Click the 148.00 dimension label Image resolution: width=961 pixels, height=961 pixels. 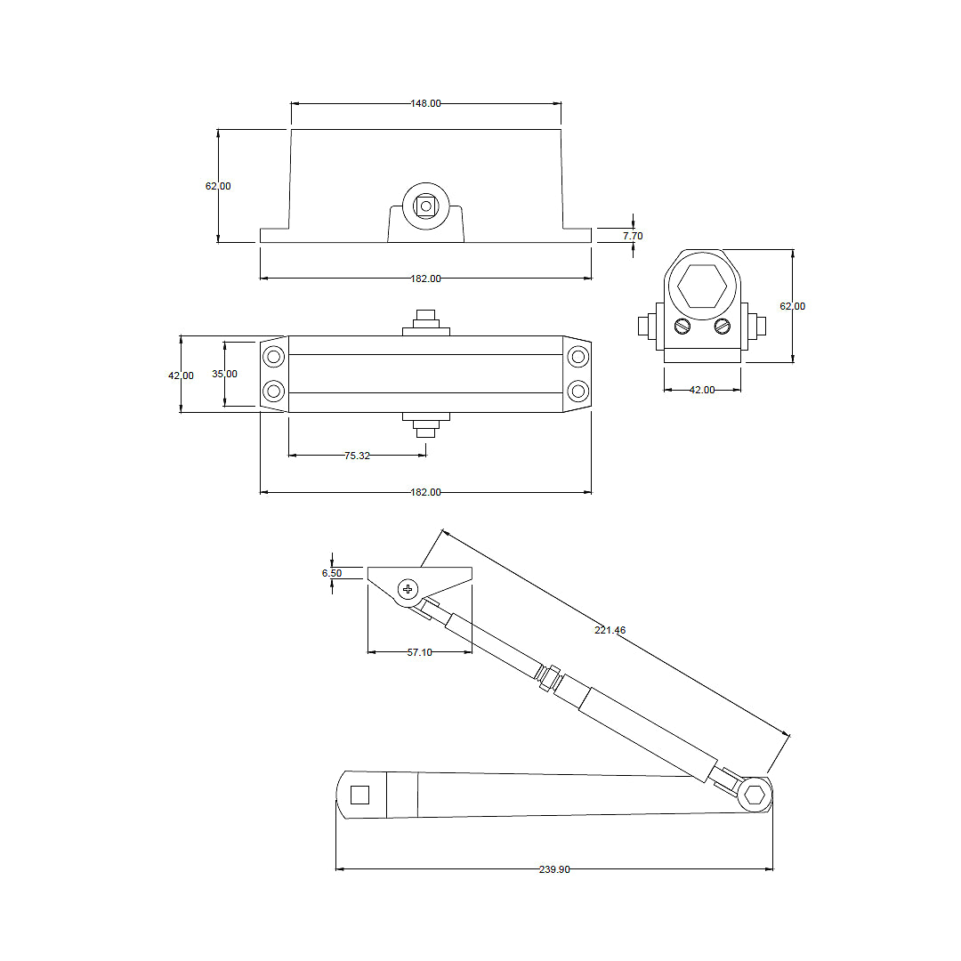(x=425, y=103)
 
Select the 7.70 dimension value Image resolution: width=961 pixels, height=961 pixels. (x=633, y=236)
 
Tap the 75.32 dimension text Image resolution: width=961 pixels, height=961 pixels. (x=357, y=456)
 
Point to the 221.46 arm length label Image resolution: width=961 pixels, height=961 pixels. (x=610, y=630)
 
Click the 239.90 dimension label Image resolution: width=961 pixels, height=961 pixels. (x=554, y=869)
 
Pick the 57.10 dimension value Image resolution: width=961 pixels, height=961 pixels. (x=419, y=652)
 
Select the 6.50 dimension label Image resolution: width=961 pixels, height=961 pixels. (x=332, y=573)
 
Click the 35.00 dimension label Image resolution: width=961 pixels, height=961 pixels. (x=224, y=374)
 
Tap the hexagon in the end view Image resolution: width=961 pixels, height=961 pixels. (x=702, y=287)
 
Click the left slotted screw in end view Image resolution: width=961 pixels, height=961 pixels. (x=682, y=327)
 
